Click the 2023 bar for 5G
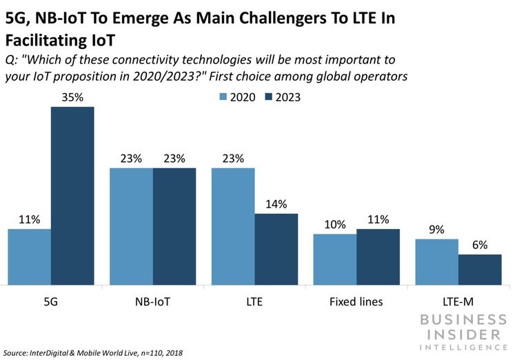click(72, 195)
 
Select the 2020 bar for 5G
click(30, 256)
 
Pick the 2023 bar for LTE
click(276, 248)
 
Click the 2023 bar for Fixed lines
click(378, 256)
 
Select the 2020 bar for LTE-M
click(436, 261)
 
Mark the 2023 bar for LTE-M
click(480, 269)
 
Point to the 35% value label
click(72, 97)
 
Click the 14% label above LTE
click(276, 204)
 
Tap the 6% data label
click(480, 245)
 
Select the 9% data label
click(436, 230)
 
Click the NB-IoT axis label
click(153, 301)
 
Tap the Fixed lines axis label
click(356, 301)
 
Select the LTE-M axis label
click(458, 301)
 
